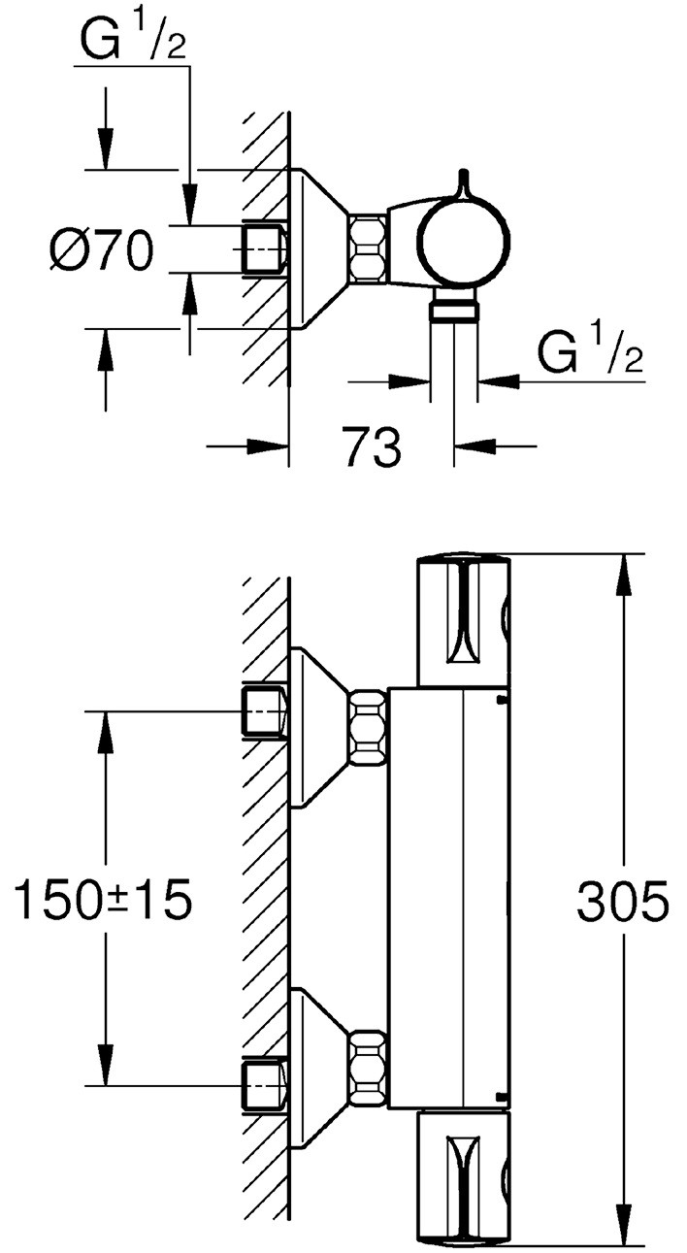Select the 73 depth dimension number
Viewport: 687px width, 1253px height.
(373, 447)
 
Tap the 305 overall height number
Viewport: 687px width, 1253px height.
(623, 903)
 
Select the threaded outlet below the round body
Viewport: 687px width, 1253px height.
(453, 311)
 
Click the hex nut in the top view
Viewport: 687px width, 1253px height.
(368, 249)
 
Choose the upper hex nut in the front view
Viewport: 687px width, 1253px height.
(368, 729)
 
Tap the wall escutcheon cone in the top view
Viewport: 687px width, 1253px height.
(317, 249)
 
